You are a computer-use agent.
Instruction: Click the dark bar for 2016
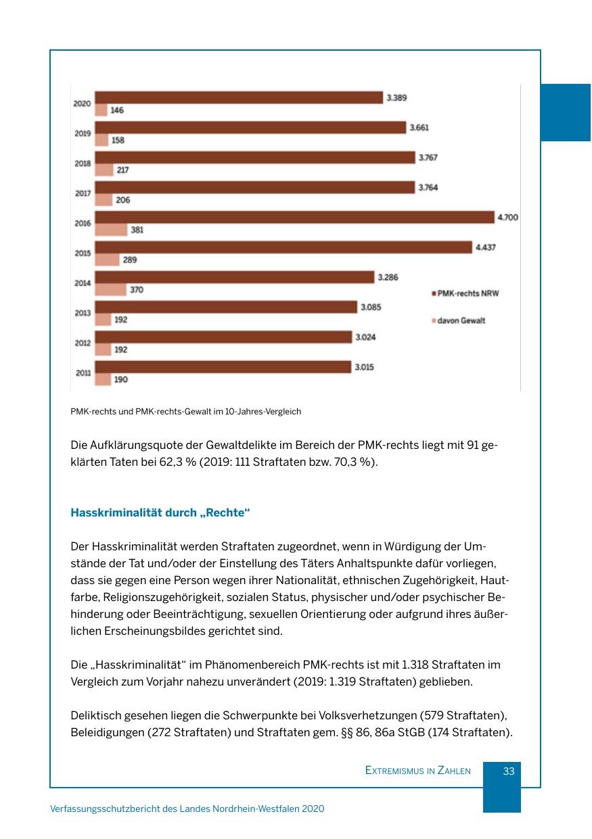click(294, 217)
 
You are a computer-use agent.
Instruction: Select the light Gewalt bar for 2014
click(110, 289)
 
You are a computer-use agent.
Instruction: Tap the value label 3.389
click(396, 98)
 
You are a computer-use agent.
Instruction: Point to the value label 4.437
click(485, 247)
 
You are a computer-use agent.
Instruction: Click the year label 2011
click(83, 373)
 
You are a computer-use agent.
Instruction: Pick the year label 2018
click(83, 164)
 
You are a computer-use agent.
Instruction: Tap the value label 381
click(137, 230)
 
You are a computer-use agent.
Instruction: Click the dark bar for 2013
click(225, 307)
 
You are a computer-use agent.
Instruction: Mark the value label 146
click(117, 110)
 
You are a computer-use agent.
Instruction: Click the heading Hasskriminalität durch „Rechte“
click(160, 512)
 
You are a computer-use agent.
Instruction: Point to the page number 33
click(509, 771)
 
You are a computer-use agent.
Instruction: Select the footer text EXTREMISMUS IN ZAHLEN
click(417, 771)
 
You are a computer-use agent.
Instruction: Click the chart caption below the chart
click(185, 411)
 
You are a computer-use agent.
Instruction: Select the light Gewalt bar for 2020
click(101, 110)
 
